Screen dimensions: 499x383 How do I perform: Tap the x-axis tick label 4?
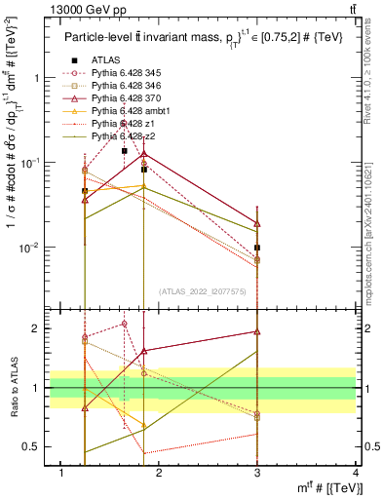(356, 473)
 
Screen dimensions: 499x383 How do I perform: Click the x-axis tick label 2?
(160, 473)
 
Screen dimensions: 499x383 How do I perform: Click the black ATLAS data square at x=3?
(257, 248)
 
